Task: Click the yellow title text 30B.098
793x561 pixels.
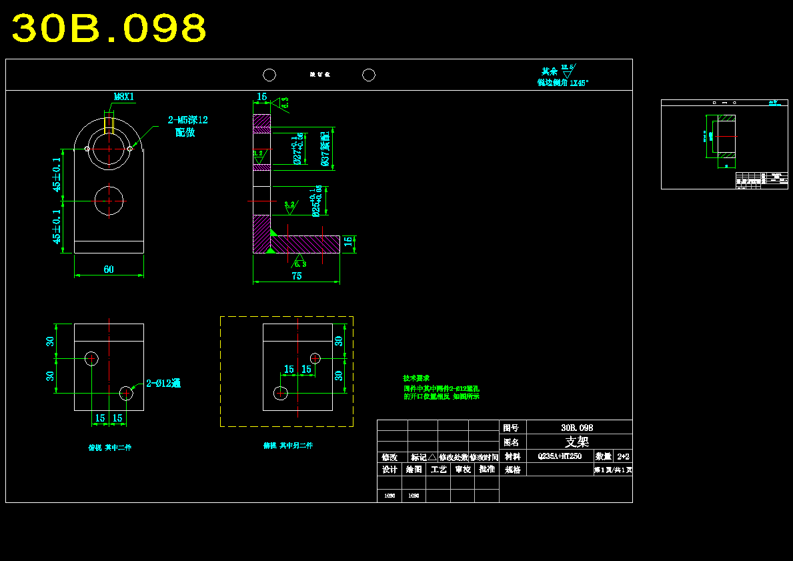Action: tap(109, 29)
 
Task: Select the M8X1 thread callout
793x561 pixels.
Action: tap(123, 97)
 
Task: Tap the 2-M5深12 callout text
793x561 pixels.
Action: tap(187, 120)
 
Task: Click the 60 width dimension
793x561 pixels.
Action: tap(109, 269)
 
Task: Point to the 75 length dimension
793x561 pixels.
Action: tap(297, 276)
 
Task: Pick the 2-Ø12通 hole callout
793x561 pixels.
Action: tap(163, 384)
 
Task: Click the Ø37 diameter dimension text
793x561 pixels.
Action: tap(325, 149)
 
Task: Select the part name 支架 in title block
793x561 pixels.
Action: tap(577, 442)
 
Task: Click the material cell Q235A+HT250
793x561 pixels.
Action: tap(560, 457)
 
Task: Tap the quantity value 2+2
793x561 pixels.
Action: tap(623, 457)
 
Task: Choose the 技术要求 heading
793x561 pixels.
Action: tap(416, 378)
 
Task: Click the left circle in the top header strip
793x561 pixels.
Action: tap(269, 75)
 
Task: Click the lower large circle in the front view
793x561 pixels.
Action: tap(109, 201)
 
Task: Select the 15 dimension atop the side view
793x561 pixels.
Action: tap(262, 97)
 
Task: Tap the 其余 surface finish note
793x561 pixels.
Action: tap(549, 71)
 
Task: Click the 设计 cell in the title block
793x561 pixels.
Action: tap(389, 469)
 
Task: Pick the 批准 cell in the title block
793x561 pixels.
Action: tap(487, 469)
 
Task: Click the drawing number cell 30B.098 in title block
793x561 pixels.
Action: tap(577, 428)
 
